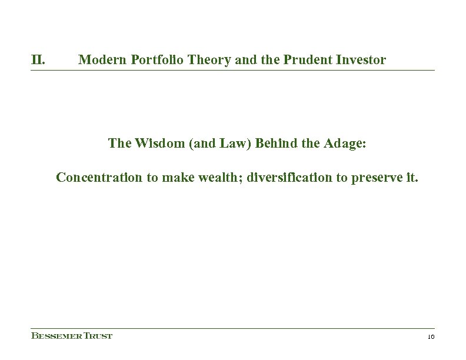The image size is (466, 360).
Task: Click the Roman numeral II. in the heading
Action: (x=39, y=59)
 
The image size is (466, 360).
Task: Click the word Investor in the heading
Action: (x=360, y=59)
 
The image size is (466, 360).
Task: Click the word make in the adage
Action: (x=168, y=178)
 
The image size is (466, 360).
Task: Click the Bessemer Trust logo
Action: (x=71, y=336)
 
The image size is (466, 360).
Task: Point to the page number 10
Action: (x=430, y=336)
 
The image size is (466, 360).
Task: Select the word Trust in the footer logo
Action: (x=95, y=336)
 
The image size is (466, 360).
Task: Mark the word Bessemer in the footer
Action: (x=54, y=336)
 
